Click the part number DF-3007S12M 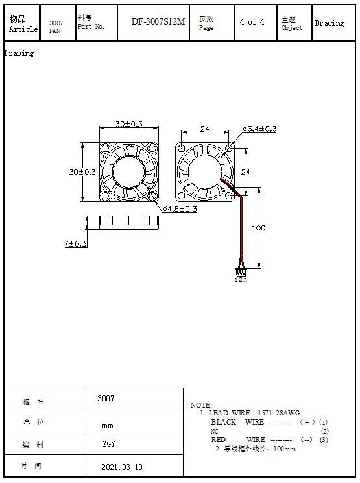click(x=158, y=21)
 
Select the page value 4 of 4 click(x=252, y=22)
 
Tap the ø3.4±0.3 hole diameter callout click(x=259, y=129)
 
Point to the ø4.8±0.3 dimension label click(x=180, y=209)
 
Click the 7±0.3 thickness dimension click(x=75, y=243)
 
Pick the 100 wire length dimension click(x=258, y=228)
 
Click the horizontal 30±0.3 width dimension click(x=129, y=124)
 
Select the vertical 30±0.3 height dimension click(x=82, y=171)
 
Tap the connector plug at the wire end click(x=241, y=272)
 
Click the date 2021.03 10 click(x=122, y=467)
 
